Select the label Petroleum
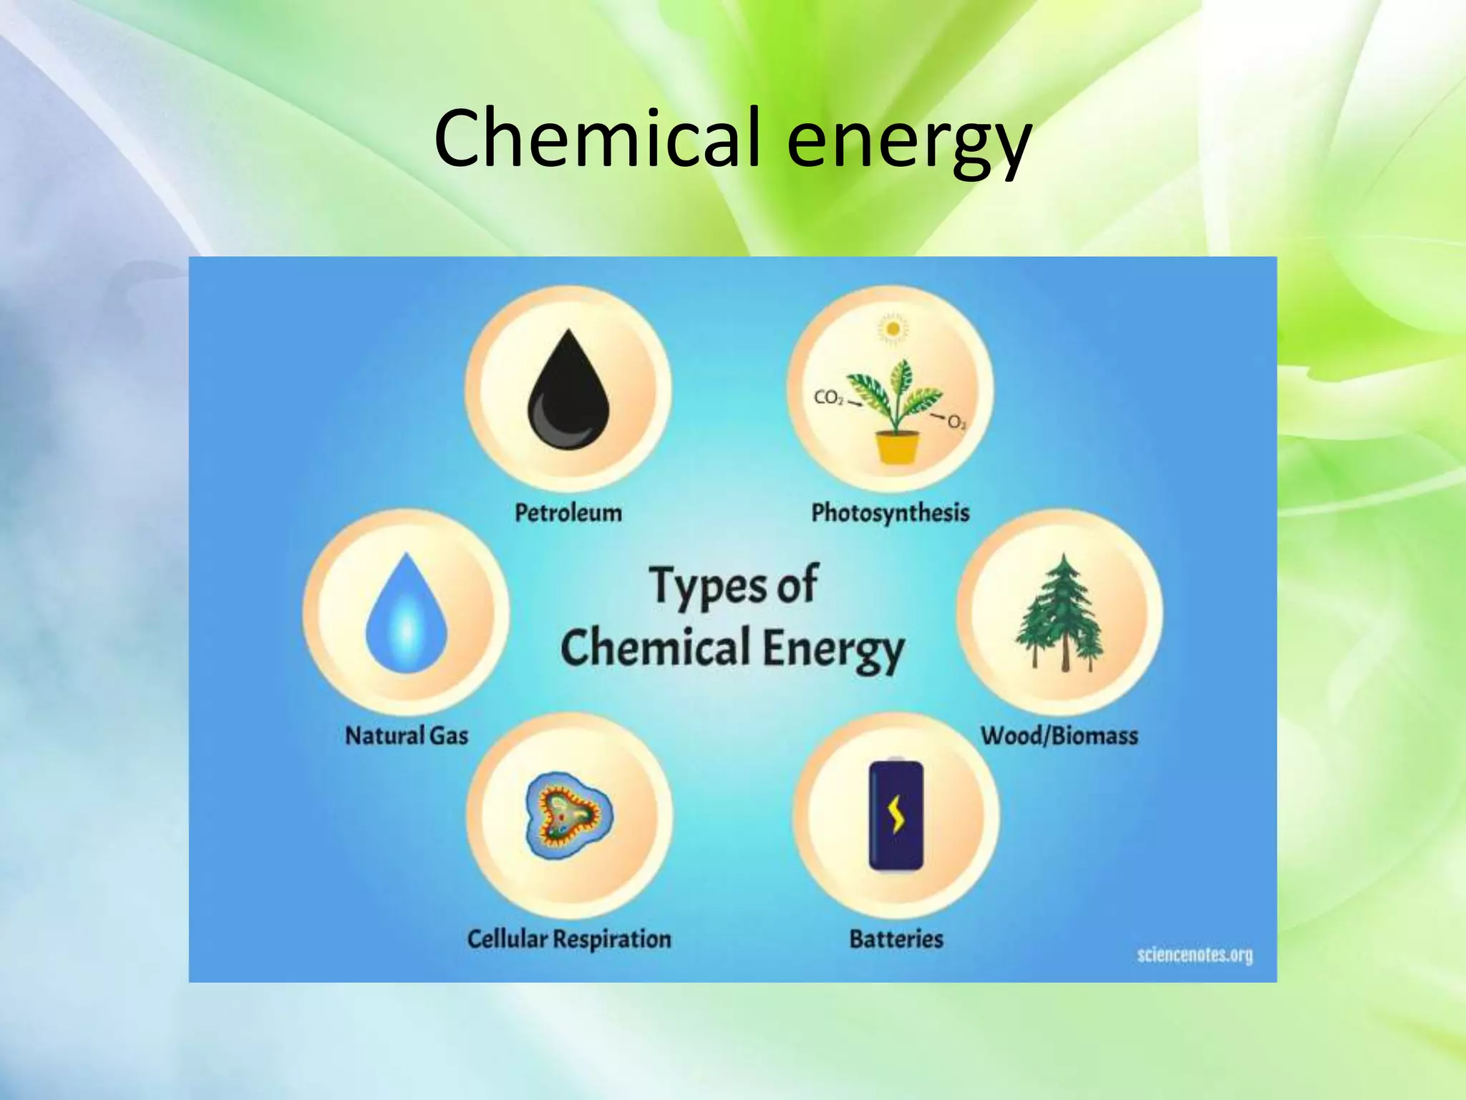tap(568, 513)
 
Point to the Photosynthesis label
tap(890, 513)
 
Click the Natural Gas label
tap(406, 735)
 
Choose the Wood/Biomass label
tap(1059, 735)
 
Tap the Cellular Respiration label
tap(569, 939)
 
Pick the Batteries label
tap(896, 939)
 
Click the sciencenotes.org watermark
tap(1195, 955)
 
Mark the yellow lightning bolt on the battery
tap(896, 815)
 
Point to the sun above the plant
tap(893, 329)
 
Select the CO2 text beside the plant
tap(829, 398)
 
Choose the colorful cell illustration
tap(568, 816)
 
